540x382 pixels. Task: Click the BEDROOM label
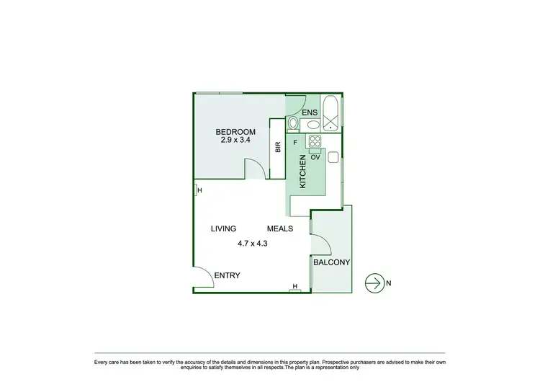point(235,132)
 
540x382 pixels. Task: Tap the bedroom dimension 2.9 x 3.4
point(235,141)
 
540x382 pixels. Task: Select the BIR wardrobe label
point(277,147)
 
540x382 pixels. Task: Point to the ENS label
point(309,113)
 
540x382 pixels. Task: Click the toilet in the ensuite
point(293,124)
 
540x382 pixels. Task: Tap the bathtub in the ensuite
point(331,113)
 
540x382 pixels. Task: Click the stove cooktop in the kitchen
point(315,141)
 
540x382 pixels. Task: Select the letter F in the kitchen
point(295,142)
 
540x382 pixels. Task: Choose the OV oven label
point(315,156)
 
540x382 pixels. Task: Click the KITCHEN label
point(303,173)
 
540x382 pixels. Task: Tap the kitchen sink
point(333,157)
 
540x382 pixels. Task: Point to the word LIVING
point(224,228)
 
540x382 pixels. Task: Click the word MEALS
point(280,228)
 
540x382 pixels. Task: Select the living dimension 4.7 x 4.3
point(253,244)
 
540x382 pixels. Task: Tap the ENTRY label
point(227,276)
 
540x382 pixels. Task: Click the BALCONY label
point(332,263)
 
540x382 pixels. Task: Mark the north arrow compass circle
point(374,283)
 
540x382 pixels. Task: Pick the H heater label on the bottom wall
point(295,287)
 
